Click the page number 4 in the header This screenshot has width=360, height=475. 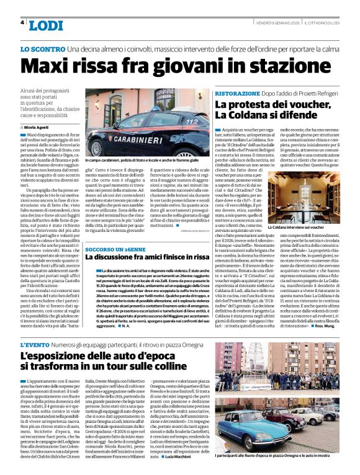pos(22,22)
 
